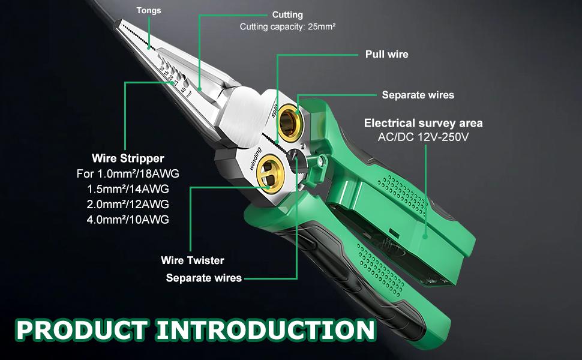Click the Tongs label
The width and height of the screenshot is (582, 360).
pos(149,10)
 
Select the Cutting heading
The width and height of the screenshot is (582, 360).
pos(287,14)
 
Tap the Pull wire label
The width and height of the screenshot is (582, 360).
pos(386,54)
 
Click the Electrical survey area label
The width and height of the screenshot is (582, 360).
pos(423,124)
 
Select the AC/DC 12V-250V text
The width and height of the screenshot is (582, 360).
pos(423,137)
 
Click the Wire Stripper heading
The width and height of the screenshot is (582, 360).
pos(128,159)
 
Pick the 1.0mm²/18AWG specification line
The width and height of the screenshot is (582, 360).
pos(128,174)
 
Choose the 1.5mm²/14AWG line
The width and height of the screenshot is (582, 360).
pos(128,189)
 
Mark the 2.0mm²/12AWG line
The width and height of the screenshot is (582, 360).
pos(128,204)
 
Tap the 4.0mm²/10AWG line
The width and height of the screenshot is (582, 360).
pos(128,219)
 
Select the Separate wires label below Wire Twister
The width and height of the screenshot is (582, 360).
pos(203,278)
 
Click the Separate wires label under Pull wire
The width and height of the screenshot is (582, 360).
pos(418,95)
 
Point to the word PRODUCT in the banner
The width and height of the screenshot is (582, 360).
pos(81,329)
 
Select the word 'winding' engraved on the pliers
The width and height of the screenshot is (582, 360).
pos(255,158)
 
